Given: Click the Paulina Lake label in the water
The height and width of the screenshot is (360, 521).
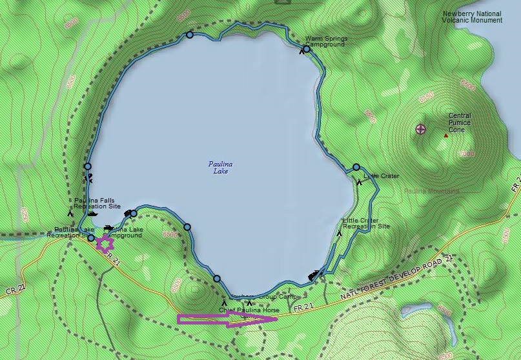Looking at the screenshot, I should coord(221,167).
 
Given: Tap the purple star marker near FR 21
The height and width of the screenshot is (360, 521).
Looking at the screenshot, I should coord(103,244).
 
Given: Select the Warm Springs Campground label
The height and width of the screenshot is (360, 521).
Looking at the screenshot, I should coord(326,41).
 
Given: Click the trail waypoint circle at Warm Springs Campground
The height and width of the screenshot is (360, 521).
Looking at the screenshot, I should coord(307,49).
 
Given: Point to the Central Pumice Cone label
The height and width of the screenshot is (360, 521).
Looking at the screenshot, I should coord(460,123).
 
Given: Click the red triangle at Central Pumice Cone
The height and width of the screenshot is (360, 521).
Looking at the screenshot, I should coord(445,135).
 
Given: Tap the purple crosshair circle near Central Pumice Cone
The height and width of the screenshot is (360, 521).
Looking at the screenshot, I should coord(420,129).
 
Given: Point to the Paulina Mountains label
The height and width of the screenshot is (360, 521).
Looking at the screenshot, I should coord(431,191).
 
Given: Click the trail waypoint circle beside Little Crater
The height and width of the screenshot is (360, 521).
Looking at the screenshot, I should coord(356,167).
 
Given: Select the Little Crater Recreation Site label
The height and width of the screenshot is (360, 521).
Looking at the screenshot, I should coord(366,223).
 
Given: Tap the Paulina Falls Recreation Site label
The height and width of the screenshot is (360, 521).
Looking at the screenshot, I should coord(97,203).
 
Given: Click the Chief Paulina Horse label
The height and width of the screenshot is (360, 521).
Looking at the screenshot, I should coord(249,310).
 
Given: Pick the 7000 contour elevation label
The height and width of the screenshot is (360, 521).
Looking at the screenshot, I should coord(467,154).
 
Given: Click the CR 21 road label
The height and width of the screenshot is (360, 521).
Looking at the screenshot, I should coord(14,292).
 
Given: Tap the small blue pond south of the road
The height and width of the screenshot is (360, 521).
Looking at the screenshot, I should coord(414,309).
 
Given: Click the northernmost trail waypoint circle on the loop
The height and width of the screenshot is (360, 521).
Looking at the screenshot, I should coord(189,35).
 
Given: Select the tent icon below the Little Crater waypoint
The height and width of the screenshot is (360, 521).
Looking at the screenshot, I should coord(359,182).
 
